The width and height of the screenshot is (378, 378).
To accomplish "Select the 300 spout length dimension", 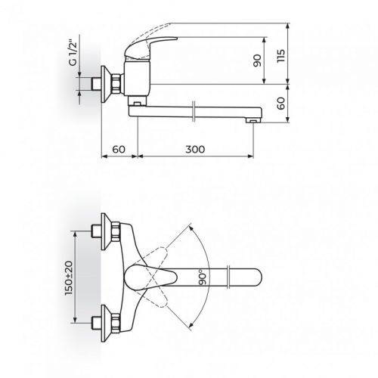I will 195,150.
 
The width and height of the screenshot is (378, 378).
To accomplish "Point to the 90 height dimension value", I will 257,60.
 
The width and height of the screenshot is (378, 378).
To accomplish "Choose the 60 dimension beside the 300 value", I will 117,150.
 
